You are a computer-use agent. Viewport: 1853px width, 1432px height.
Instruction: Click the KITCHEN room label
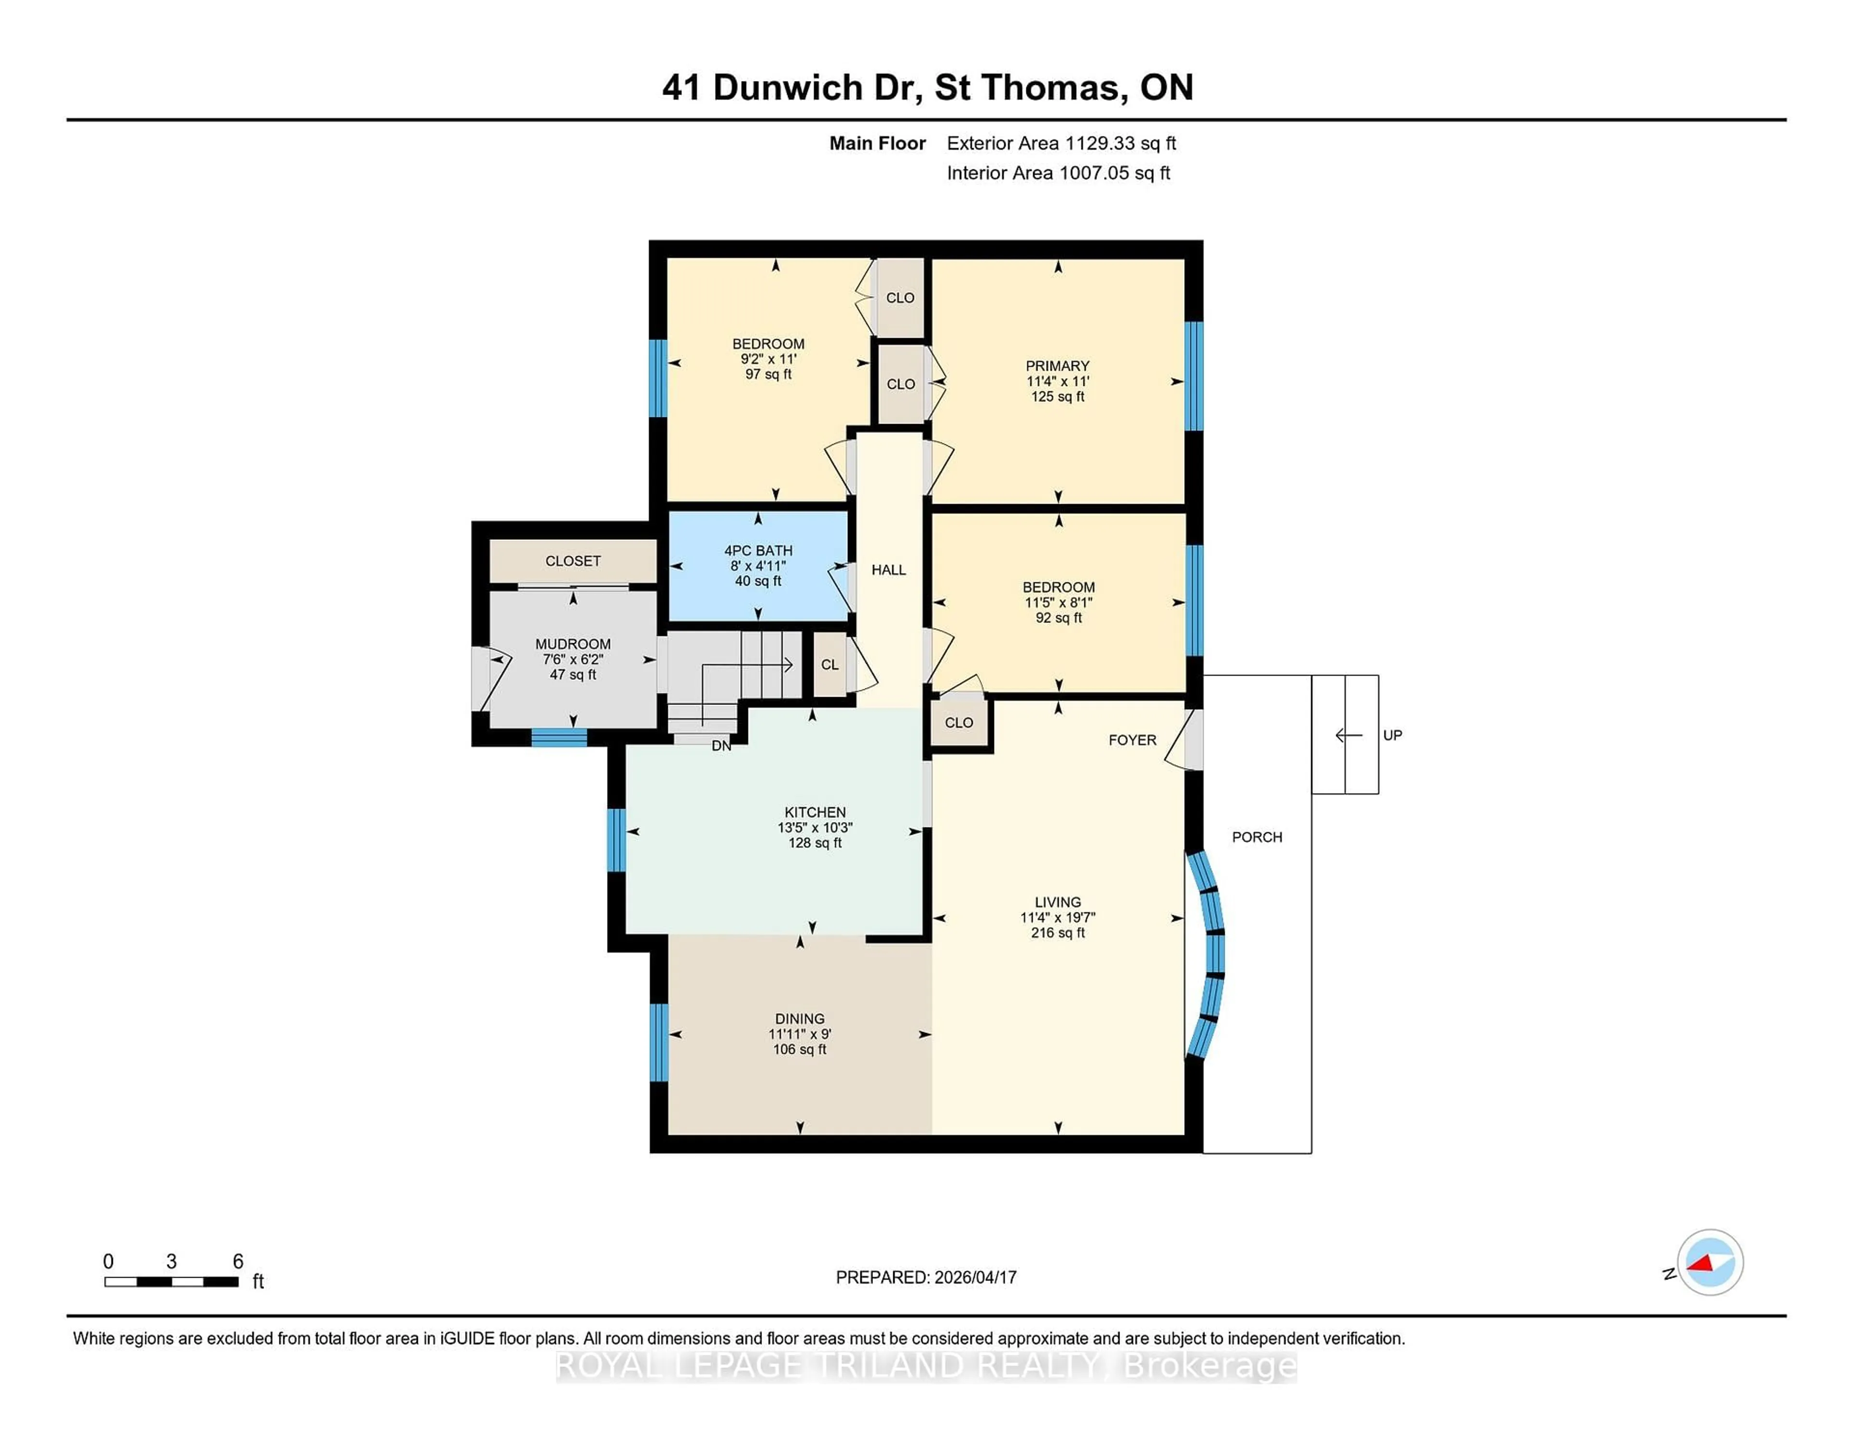point(815,812)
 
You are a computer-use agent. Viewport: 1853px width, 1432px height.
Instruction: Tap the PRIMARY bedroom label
point(1057,366)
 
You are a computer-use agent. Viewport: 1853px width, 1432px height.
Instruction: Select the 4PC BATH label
point(758,551)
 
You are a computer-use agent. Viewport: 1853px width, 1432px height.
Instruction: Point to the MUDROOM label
point(573,644)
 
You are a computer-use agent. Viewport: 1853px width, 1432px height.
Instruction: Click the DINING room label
point(799,1019)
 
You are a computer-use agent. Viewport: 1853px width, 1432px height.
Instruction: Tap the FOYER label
point(1132,740)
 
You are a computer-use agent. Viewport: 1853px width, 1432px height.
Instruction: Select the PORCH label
point(1257,837)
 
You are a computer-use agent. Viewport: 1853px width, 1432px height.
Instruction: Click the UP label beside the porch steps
point(1392,735)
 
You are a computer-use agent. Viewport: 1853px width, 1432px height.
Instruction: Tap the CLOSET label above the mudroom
point(573,561)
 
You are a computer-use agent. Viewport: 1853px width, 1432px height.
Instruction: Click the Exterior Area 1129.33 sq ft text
point(1061,143)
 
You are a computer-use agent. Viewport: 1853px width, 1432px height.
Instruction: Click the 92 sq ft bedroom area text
point(1058,618)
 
